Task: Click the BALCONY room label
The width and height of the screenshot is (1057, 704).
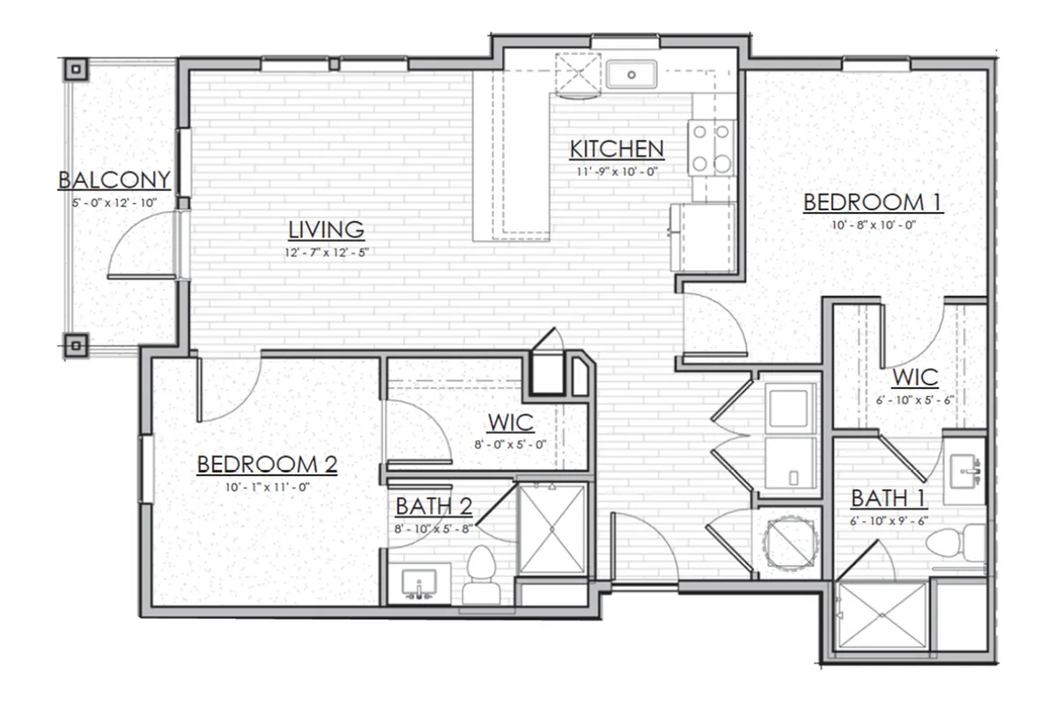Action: click(x=114, y=180)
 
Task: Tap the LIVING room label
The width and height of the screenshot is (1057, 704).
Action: click(x=326, y=230)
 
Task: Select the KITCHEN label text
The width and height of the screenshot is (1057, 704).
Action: click(x=617, y=150)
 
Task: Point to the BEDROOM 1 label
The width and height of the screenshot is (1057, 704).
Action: click(x=873, y=202)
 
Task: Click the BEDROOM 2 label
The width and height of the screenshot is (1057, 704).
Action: click(x=267, y=465)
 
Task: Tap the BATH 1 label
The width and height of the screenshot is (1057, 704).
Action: click(x=889, y=498)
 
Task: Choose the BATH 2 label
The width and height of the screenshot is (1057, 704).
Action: click(x=434, y=507)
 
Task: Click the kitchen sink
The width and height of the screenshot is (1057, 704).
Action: click(x=632, y=75)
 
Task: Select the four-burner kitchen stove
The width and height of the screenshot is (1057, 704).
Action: click(x=711, y=148)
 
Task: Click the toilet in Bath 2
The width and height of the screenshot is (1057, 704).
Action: click(x=481, y=576)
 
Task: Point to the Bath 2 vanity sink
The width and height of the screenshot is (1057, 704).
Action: click(x=419, y=584)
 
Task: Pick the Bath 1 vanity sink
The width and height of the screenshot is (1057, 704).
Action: click(x=965, y=470)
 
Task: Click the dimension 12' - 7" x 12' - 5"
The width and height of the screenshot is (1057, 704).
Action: click(x=326, y=253)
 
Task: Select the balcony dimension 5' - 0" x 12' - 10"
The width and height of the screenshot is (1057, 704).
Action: click(x=114, y=203)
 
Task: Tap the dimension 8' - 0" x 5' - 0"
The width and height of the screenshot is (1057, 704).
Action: click(x=511, y=444)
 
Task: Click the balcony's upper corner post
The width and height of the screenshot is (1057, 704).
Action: click(x=76, y=70)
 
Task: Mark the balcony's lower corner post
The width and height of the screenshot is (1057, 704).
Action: click(x=76, y=347)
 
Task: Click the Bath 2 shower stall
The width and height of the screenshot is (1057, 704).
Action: click(x=552, y=530)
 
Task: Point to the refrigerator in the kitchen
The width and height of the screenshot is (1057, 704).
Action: click(x=703, y=238)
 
